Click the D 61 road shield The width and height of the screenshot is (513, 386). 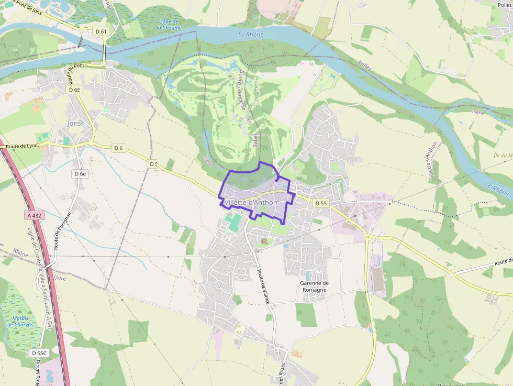pyautogui.click(x=102, y=31)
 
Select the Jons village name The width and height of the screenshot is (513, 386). pyautogui.click(x=74, y=124)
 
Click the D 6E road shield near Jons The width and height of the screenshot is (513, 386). pyautogui.click(x=75, y=90)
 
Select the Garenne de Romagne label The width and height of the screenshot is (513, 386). pyautogui.click(x=314, y=286)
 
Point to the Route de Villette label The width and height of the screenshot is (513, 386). pyautogui.click(x=263, y=287)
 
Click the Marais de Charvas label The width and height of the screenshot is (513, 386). pyautogui.click(x=20, y=321)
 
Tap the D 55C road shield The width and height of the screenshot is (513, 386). pyautogui.click(x=39, y=353)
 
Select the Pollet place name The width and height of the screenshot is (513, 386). pyautogui.click(x=505, y=4)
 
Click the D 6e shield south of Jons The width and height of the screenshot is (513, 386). pyautogui.click(x=80, y=173)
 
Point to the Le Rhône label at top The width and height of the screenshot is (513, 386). pyautogui.click(x=251, y=35)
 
